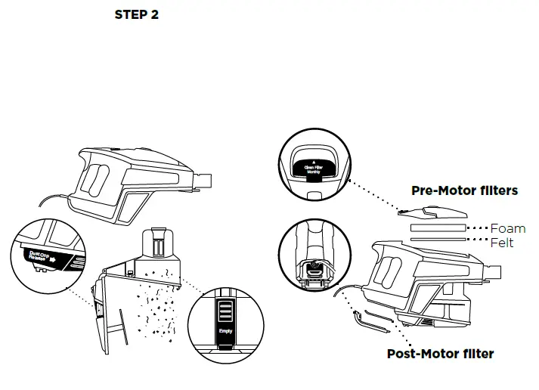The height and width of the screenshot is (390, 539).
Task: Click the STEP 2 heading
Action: (136, 15)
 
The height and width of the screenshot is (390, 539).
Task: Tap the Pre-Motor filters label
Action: (464, 190)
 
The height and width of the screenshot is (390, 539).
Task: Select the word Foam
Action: (508, 228)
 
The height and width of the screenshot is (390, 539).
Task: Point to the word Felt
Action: (502, 243)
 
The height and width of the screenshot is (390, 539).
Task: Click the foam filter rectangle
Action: (438, 227)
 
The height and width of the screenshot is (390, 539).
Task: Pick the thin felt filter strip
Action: (438, 241)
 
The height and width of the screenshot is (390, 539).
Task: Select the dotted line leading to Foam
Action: (478, 227)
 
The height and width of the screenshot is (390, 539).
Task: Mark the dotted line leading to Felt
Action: (478, 242)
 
